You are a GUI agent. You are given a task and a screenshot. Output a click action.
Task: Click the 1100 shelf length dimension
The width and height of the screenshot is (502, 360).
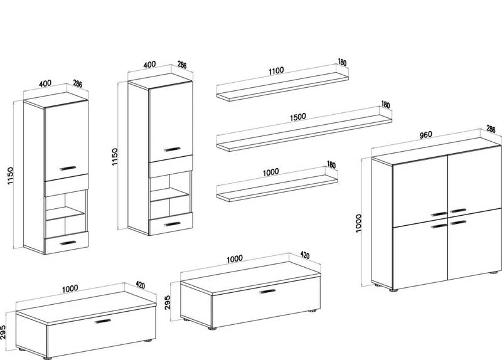pos(276,70)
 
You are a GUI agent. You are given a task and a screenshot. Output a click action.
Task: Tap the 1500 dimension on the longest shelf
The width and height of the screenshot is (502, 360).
pos(297,117)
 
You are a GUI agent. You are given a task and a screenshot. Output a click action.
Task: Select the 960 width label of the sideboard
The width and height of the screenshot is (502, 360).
pos(426,135)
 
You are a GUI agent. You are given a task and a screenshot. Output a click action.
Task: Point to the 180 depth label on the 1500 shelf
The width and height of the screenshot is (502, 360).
pos(385,105)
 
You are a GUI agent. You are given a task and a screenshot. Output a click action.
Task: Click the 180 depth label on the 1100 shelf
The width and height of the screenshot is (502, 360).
pos(342,62)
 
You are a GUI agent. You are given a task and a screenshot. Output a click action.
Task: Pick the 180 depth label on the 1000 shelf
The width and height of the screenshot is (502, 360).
pos(331,165)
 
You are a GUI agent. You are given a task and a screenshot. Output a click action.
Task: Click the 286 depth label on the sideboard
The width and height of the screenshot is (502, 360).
pos(491,129)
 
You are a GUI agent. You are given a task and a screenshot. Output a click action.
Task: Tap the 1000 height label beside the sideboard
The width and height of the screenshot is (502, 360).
pos(358,223)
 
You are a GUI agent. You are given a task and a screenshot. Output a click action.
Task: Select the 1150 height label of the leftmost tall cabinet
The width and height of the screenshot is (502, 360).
pos(10,176)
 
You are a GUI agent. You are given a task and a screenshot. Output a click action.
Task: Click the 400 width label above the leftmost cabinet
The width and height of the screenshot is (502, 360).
pos(45,83)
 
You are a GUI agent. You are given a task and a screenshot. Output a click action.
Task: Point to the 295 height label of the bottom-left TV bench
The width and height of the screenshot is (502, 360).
pos(3,332)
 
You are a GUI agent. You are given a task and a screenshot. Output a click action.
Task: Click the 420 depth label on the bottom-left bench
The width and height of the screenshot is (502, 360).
pos(140,285)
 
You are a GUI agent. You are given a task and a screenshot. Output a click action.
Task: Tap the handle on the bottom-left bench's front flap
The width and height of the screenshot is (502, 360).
pos(102,321)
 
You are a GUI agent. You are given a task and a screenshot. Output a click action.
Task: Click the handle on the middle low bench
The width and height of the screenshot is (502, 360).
pos(267,292)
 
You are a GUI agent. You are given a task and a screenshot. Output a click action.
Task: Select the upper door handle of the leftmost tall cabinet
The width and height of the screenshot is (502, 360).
pos(68,168)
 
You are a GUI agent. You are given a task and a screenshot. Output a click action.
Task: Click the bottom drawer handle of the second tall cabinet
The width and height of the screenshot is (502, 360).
pos(172,224)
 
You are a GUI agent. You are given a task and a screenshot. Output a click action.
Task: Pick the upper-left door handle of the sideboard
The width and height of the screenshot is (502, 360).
pos(439,214)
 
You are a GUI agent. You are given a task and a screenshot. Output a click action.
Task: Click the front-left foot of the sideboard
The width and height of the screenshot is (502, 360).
pos(393,290)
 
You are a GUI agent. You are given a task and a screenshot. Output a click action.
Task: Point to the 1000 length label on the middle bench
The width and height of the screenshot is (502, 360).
pos(235,259)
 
